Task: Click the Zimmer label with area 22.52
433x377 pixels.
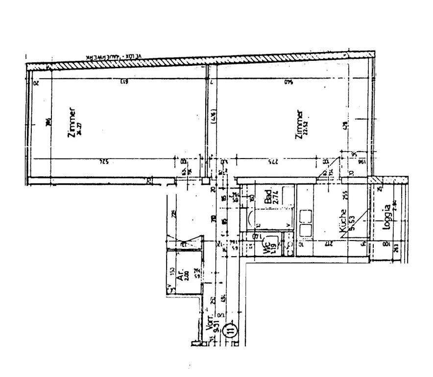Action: (x=299, y=125)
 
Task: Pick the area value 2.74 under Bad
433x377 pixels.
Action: (x=275, y=198)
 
